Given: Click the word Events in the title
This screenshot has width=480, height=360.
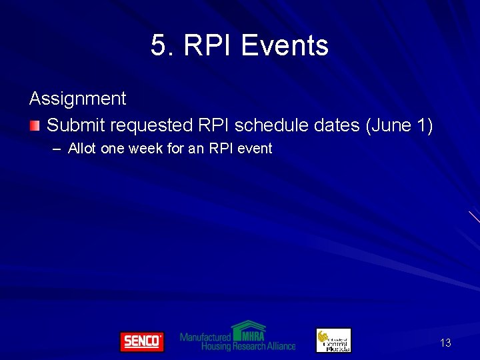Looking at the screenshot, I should tap(285, 46).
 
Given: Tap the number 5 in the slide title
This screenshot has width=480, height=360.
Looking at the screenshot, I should tap(158, 46).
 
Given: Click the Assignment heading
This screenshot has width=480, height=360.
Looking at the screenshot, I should tap(77, 99).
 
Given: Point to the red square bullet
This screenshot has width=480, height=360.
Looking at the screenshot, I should tap(35, 125).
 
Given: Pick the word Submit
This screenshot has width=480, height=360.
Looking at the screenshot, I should tap(75, 125).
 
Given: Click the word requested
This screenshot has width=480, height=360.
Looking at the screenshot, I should tap(151, 125).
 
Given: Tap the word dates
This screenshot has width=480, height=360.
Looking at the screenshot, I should tap(338, 125).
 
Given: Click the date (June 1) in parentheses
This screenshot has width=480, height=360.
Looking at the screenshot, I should tap(399, 125).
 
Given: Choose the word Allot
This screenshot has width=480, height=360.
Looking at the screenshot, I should tap(83, 149).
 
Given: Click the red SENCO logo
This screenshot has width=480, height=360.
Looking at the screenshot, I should tap(141, 341).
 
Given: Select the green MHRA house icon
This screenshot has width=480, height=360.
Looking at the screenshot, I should tap(249, 330).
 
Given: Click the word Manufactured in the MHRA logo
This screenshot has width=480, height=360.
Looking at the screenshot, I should tap(205, 337).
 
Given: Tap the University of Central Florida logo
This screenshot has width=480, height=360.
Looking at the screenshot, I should tap(333, 341).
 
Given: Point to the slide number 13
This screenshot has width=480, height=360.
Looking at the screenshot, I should tap(445, 343).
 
